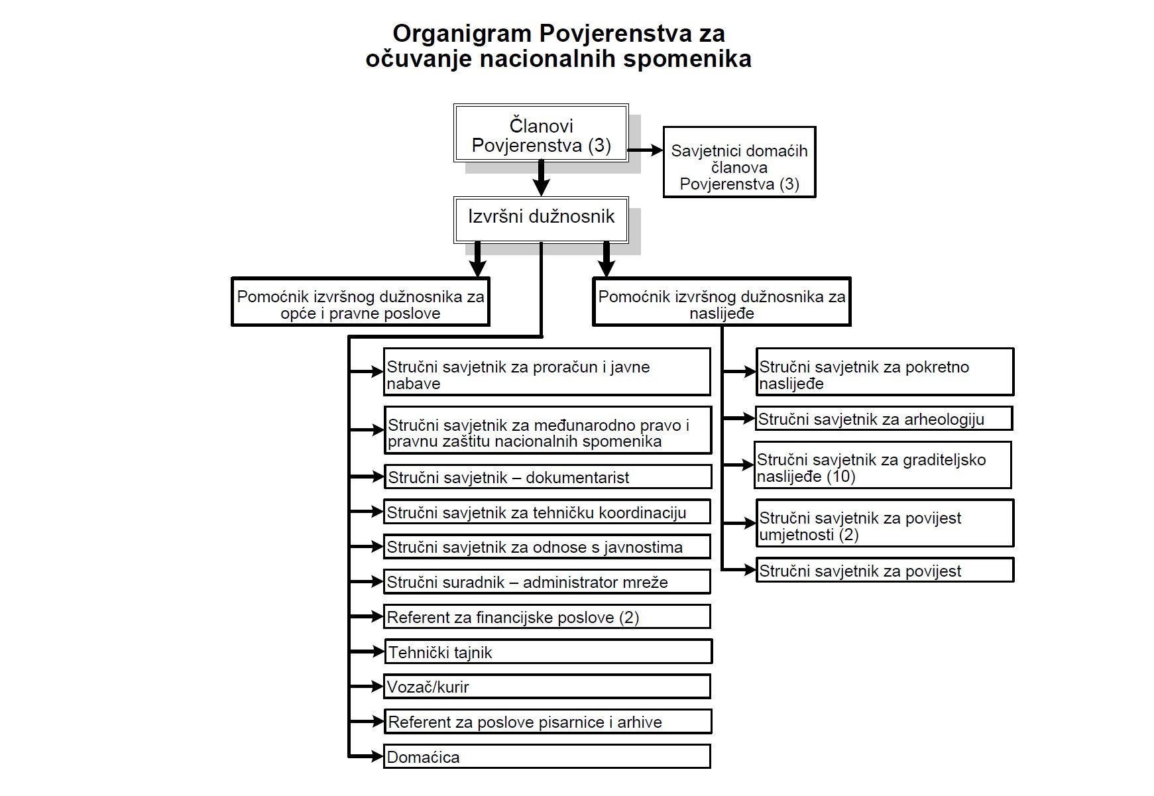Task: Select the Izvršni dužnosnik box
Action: pos(541,219)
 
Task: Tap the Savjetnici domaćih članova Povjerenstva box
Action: pos(739,162)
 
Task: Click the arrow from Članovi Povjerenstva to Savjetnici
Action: pos(646,150)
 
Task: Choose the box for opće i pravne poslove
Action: pos(360,302)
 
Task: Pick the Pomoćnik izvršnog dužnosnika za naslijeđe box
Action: pos(721,302)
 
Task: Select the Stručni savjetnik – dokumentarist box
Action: pos(548,477)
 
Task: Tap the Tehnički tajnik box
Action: pos(548,652)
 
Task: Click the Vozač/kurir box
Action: pos(547,687)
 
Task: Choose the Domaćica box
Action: pos(547,757)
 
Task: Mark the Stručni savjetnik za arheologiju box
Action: pos(884,419)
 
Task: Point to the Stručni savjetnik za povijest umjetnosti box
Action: pos(885,524)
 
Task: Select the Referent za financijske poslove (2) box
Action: pos(547,617)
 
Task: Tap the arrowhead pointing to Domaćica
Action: pos(376,756)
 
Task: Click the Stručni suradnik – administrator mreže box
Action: pos(547,582)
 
